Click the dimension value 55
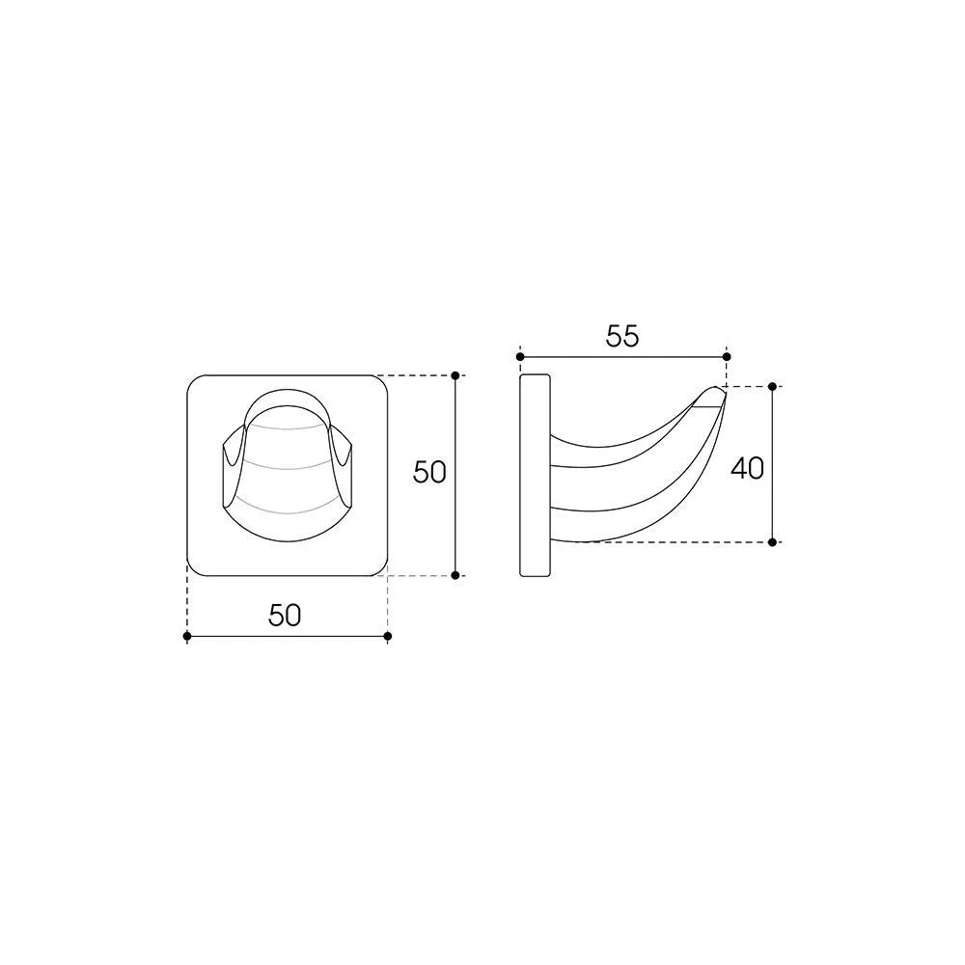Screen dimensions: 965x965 [x=622, y=337]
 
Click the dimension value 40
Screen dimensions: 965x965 [x=747, y=468]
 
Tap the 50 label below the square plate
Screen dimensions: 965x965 [x=285, y=615]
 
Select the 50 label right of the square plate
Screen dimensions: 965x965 [x=429, y=473]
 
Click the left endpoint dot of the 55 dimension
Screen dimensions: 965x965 [x=520, y=357]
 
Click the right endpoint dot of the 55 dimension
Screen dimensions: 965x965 [x=727, y=357]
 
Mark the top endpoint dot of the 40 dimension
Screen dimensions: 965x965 [x=772, y=387]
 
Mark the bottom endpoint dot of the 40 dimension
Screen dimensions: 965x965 [x=772, y=542]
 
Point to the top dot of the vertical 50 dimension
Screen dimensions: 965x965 [x=455, y=375]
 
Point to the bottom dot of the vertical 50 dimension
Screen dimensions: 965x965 [x=455, y=575]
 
